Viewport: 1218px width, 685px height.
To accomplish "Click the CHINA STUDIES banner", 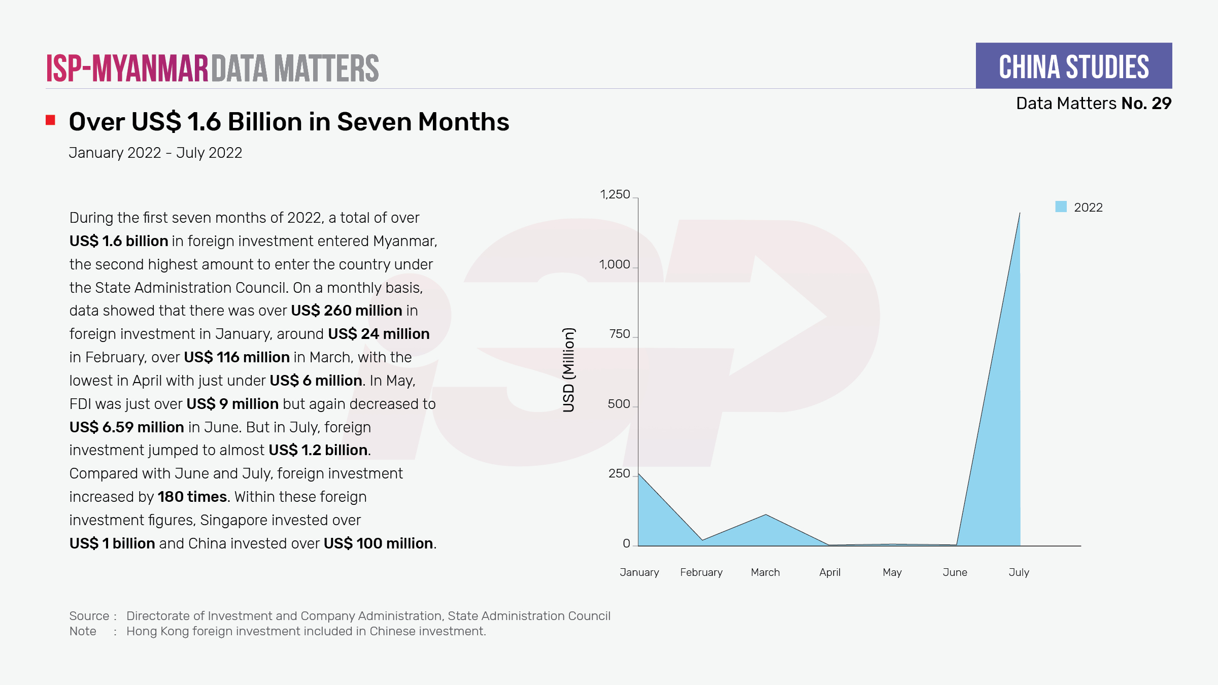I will coord(1073,66).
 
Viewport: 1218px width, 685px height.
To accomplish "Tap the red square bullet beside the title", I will coord(50,120).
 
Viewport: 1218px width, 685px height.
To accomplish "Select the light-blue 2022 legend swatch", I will coord(1061,207).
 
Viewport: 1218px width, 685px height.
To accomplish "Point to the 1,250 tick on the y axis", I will coord(615,194).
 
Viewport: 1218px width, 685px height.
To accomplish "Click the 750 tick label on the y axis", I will coord(619,334).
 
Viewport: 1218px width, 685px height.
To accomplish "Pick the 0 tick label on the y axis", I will coord(626,543).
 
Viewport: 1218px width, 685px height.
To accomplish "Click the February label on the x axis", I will coord(701,572).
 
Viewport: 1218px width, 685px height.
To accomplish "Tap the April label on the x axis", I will coord(829,572).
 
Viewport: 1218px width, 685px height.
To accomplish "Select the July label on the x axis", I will coord(1019,572).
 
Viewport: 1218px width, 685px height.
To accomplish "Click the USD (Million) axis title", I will coord(569,370).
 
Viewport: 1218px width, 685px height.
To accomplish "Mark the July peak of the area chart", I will coord(1020,213).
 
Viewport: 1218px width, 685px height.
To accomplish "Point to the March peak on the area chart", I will coord(766,515).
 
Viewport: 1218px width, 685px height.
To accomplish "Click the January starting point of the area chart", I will coord(638,474).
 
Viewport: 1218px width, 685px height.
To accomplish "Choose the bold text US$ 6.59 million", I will coord(126,427).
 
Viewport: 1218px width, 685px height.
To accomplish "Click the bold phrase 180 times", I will coord(192,497).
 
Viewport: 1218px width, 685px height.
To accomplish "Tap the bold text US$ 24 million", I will coord(379,334).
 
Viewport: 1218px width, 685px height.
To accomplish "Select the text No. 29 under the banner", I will coord(1146,104).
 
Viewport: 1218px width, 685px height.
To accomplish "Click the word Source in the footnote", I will coord(89,616).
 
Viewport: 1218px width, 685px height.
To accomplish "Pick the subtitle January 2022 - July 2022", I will coord(155,153).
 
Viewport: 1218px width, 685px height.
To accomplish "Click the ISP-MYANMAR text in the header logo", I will coord(127,68).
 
